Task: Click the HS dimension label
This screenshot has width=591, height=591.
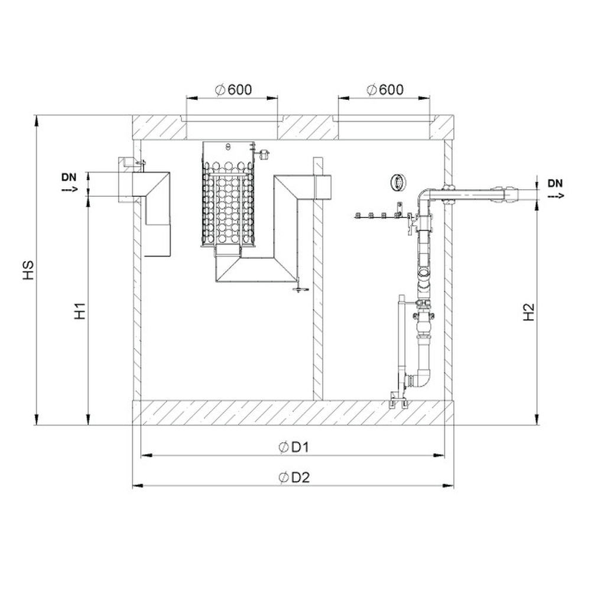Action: [28, 270]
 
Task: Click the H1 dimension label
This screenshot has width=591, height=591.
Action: [80, 311]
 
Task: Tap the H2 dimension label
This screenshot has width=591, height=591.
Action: [530, 312]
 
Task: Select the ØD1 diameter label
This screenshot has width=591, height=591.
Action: [294, 447]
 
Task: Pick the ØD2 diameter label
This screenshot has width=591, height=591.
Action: [294, 478]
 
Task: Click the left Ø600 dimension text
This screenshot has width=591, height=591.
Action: [233, 90]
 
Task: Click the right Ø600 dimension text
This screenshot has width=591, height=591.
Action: [385, 90]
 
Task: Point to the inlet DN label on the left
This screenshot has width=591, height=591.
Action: [69, 177]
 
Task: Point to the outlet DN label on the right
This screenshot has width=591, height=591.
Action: [555, 184]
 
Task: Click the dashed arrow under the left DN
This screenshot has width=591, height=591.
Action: [70, 189]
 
